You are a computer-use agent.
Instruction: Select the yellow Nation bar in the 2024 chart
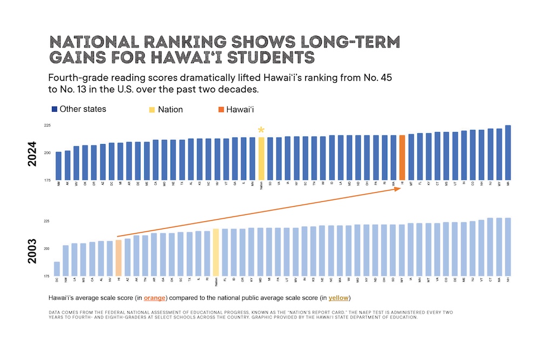261,159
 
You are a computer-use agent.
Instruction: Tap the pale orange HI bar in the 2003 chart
119,258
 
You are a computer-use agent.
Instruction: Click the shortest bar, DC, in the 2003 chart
57,269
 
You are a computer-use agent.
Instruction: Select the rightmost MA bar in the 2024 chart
508,153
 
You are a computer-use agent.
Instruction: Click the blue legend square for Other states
55,110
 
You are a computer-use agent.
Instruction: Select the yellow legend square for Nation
152,110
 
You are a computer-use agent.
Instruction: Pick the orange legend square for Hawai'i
221,110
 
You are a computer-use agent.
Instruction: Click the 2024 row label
33,154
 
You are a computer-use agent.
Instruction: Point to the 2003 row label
33,251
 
